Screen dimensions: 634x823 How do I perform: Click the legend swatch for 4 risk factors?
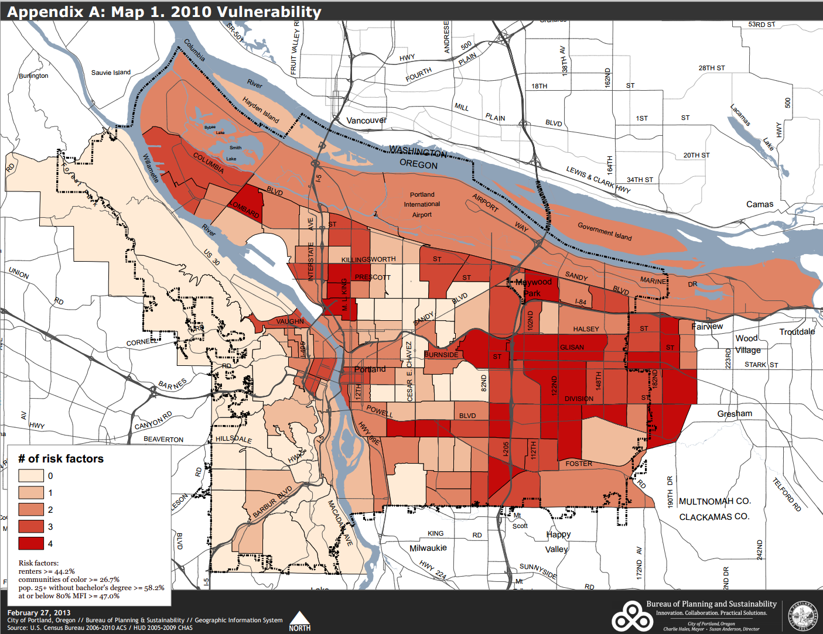pos(31,543)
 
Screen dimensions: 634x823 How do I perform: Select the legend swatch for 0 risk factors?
pos(31,475)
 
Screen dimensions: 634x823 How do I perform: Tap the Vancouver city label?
pos(366,121)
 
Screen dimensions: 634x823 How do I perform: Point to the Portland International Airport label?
pos(422,204)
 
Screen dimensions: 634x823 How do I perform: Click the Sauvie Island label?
pos(111,73)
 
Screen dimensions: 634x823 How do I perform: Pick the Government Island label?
pos(605,231)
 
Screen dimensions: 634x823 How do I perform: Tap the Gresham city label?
pos(735,413)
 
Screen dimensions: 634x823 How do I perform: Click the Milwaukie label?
pos(428,548)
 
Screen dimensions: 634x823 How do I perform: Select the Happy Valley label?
pos(558,542)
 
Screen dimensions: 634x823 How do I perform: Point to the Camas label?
pos(759,204)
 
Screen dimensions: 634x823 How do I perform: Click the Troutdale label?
pos(797,331)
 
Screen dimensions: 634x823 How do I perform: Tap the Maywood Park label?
pos(533,287)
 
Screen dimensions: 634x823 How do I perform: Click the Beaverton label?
pos(163,439)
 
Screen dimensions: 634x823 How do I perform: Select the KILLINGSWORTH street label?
pos(368,259)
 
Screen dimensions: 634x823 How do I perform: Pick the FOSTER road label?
pos(579,464)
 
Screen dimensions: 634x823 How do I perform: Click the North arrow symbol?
pos(300,621)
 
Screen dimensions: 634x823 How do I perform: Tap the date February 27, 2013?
pos(39,612)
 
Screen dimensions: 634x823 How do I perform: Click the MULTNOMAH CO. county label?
pos(714,501)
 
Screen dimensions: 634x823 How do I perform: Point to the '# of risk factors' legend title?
pos(61,458)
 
